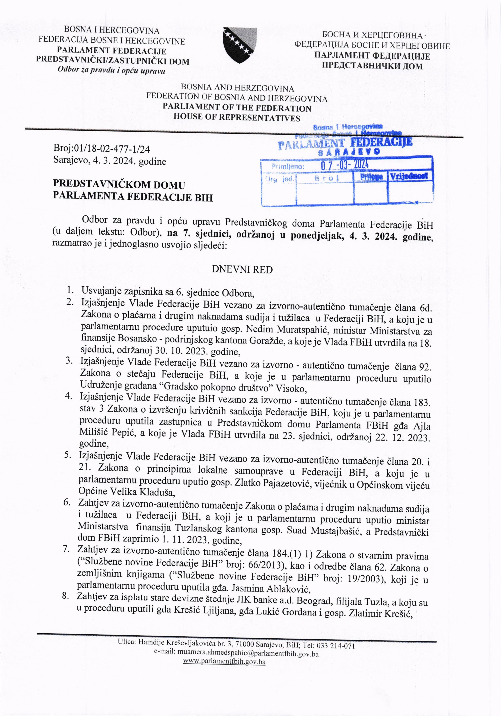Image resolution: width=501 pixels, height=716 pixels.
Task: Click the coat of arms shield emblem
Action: pyautogui.click(x=239, y=46)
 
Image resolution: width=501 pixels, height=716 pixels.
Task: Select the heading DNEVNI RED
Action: pyautogui.click(x=242, y=269)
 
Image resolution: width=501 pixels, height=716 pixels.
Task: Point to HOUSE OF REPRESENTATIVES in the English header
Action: pyautogui.click(x=237, y=118)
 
